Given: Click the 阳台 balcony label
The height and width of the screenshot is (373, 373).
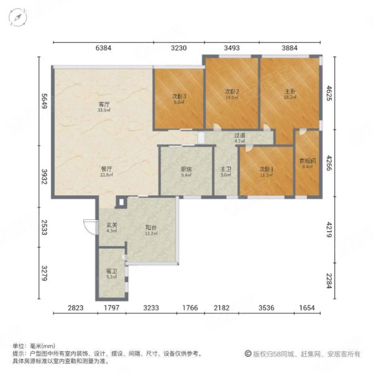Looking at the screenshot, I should tap(151, 229).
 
